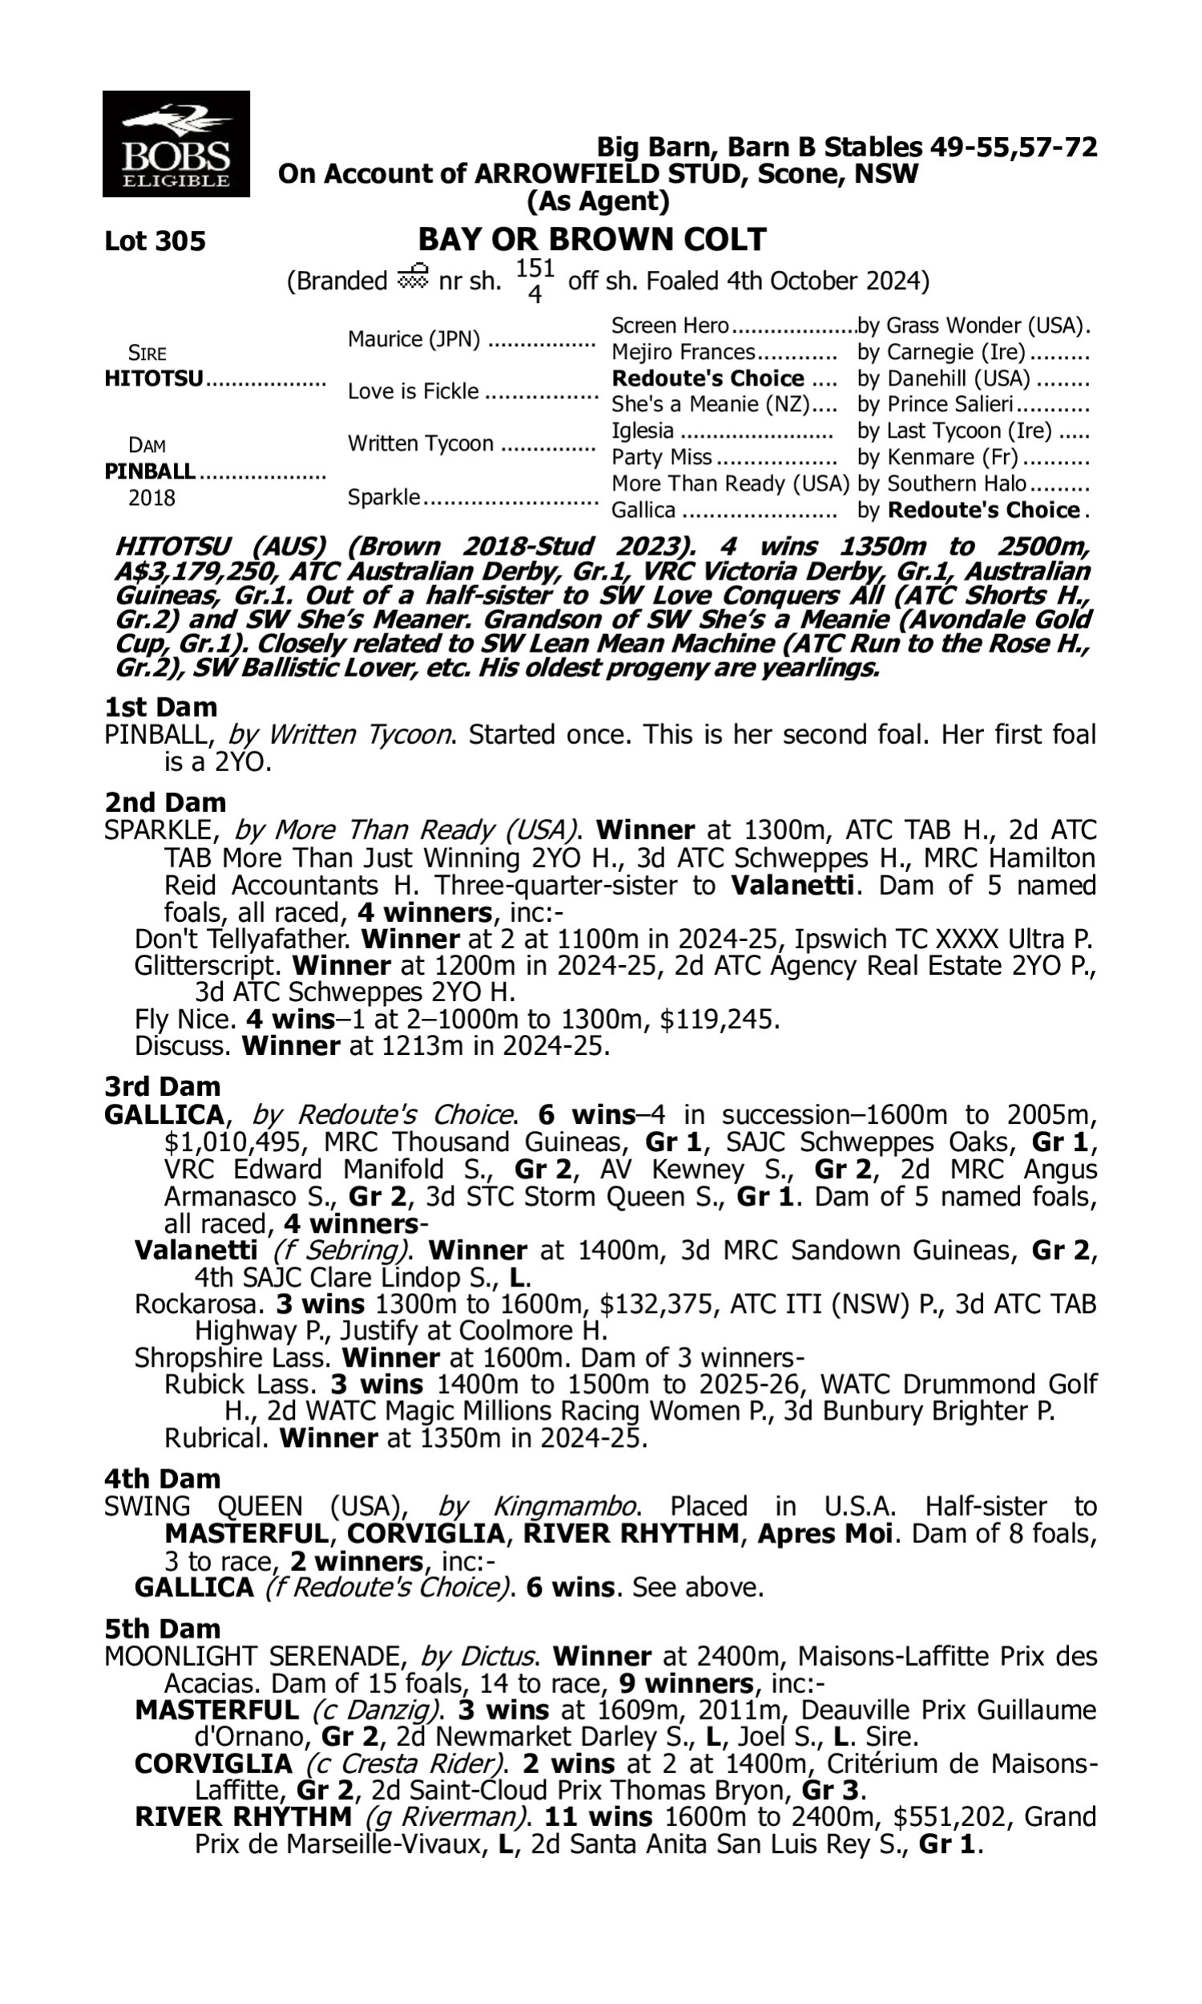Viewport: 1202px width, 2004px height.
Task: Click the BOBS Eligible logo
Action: [175, 144]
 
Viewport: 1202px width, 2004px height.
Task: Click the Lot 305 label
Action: [155, 241]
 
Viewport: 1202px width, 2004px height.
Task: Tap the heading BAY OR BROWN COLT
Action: [591, 240]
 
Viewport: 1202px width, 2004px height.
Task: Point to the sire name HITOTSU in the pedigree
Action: [154, 379]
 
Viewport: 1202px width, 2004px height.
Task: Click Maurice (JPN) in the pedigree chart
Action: [414, 339]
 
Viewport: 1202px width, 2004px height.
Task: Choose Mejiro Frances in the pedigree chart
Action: [683, 353]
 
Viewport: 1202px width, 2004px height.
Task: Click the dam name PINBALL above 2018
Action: [150, 471]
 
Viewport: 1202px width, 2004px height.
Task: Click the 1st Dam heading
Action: [160, 707]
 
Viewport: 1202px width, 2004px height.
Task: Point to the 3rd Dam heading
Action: [162, 1086]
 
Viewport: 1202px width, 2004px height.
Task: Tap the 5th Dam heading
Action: [162, 1628]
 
